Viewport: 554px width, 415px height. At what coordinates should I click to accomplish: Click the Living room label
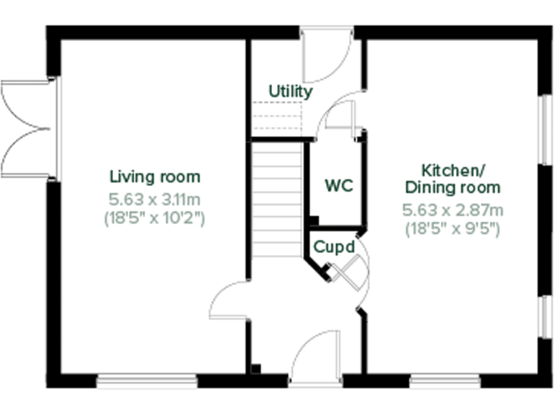[x=154, y=177]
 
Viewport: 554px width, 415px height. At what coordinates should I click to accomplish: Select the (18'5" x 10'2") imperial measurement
[x=154, y=218]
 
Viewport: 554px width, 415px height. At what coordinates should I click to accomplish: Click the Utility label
[x=290, y=92]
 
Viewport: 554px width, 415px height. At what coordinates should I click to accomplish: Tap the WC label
[x=338, y=186]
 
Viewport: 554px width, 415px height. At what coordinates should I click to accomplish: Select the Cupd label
[x=333, y=246]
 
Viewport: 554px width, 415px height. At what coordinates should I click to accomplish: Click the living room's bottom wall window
[x=147, y=380]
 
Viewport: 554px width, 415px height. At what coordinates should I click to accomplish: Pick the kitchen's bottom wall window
[x=445, y=380]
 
